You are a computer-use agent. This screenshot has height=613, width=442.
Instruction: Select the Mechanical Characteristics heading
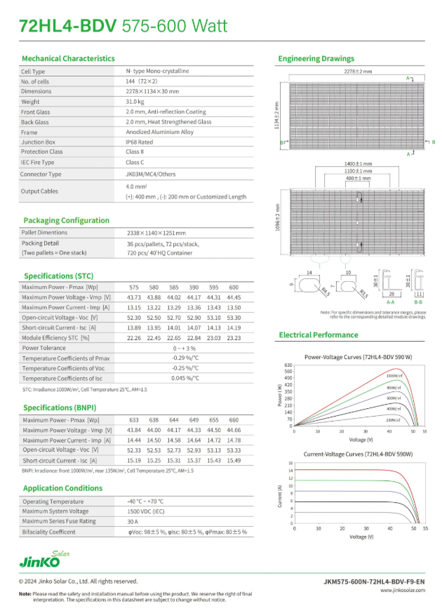click(x=68, y=58)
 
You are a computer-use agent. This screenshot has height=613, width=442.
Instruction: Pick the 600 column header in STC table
click(x=234, y=288)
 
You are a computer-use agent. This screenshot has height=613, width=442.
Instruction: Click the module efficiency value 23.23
click(x=234, y=337)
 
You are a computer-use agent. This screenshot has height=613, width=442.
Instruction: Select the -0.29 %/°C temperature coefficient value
click(x=185, y=358)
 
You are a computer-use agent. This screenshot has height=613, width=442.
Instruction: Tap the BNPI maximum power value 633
click(x=134, y=420)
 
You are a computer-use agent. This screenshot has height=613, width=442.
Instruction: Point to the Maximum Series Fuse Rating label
click(x=58, y=522)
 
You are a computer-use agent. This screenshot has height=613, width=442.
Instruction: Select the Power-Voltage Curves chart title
click(x=358, y=357)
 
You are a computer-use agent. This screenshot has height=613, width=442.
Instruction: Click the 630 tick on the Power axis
click(x=287, y=365)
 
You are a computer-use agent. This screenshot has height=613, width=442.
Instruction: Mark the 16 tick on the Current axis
click(x=290, y=463)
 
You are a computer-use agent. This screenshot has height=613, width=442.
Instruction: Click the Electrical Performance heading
click(x=318, y=335)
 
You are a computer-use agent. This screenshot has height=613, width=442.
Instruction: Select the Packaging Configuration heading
click(x=66, y=220)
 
